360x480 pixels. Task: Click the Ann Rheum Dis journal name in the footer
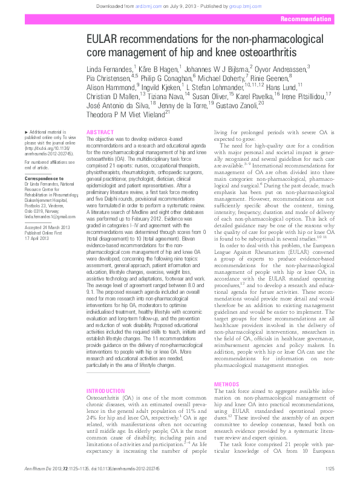pyautogui.click(x=38, y=469)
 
